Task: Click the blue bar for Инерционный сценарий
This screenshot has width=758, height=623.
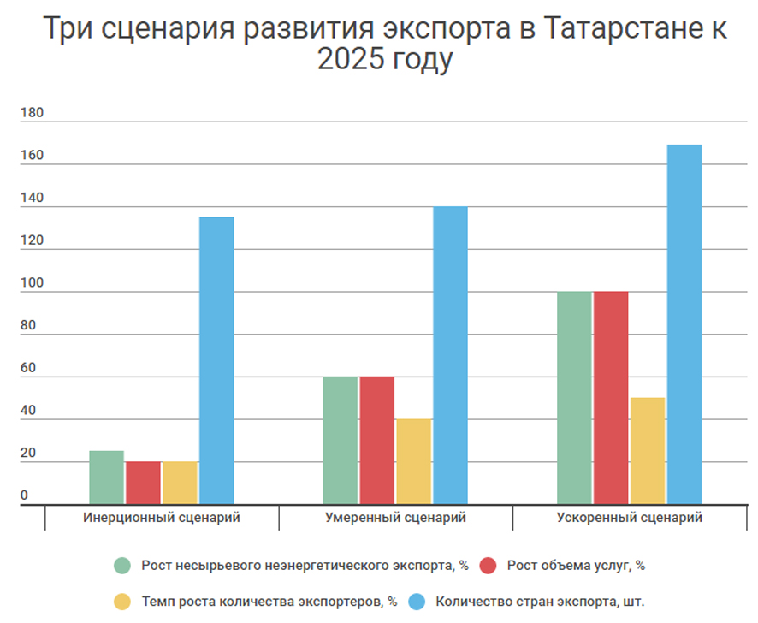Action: click(216, 360)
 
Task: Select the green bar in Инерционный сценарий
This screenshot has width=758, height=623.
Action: click(106, 478)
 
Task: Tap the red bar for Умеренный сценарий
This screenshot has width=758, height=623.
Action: click(376, 441)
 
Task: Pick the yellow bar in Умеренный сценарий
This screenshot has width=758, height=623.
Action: click(413, 462)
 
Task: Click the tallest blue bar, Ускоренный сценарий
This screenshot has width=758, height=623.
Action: click(684, 324)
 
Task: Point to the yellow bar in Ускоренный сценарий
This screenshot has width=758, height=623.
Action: click(648, 451)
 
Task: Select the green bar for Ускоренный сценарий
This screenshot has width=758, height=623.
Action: click(574, 398)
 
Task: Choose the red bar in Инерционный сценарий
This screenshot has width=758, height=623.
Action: click(143, 483)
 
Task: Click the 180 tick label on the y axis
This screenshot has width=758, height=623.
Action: click(32, 114)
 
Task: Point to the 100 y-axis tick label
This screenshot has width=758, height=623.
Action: click(32, 283)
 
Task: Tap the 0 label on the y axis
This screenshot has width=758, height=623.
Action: click(25, 495)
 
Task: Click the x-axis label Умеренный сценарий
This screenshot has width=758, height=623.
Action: click(395, 518)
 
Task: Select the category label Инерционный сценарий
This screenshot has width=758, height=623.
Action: click(162, 518)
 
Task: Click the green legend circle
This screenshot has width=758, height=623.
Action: click(123, 566)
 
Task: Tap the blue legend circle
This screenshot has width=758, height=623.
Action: click(418, 602)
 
